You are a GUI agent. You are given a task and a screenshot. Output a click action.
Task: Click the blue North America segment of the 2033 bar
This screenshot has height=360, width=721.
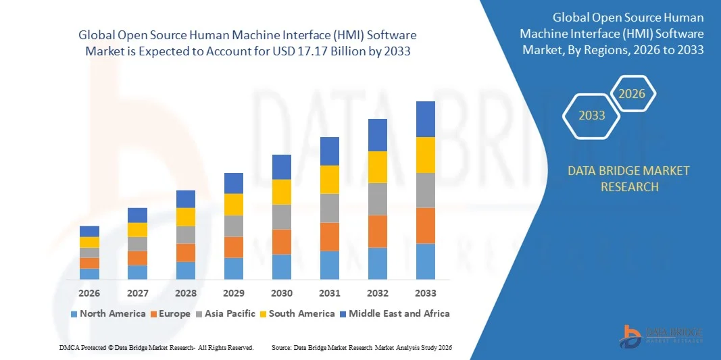tap(426, 261)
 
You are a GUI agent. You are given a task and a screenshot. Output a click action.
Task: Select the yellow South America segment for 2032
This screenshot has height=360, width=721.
tap(378, 167)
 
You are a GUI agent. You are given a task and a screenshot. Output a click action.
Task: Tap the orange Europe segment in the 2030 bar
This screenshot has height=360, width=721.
tap(282, 242)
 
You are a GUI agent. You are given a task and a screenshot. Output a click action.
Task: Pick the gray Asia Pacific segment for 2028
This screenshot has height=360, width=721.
tap(186, 234)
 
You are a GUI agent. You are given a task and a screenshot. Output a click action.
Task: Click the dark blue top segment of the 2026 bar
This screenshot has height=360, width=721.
tap(89, 231)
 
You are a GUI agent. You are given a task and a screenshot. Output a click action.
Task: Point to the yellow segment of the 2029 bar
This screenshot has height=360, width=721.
tap(234, 205)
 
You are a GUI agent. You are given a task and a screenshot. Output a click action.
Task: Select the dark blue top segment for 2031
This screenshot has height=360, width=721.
tap(330, 151)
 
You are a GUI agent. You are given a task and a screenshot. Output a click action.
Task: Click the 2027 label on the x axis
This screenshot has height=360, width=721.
tap(137, 293)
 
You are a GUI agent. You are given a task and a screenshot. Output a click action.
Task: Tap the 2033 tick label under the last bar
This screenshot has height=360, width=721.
tap(426, 293)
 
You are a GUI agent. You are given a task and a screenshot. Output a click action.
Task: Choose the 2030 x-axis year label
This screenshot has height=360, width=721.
tap(282, 293)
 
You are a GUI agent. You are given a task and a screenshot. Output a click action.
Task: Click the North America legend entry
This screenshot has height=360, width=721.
tap(107, 313)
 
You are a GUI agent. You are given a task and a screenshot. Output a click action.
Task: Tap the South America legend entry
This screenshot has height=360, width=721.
tap(297, 313)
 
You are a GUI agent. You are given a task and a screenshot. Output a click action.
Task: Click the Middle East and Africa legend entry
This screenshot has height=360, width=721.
tap(394, 313)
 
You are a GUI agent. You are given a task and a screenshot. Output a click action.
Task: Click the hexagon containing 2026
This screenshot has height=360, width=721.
tap(632, 94)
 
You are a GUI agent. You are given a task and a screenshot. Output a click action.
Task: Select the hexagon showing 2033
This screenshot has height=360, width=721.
tap(592, 115)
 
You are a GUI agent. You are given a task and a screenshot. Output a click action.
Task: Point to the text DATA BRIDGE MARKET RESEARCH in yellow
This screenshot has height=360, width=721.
tap(629, 178)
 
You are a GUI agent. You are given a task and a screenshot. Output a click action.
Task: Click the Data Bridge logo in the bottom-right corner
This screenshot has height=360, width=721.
tap(662, 335)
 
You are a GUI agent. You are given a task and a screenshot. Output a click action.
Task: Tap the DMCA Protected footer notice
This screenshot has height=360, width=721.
tap(155, 347)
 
